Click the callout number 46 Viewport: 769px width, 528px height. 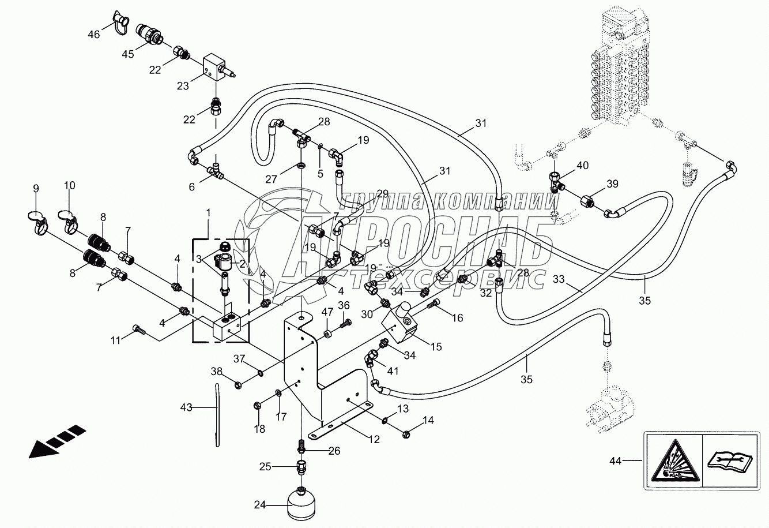(93, 34)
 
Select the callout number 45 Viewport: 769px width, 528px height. (127, 54)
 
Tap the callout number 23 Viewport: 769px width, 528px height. (182, 87)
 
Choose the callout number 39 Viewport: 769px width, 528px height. (612, 184)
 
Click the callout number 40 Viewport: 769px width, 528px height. (583, 165)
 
